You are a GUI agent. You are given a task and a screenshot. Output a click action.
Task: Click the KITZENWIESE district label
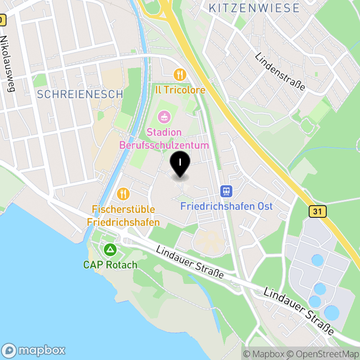click(254, 8)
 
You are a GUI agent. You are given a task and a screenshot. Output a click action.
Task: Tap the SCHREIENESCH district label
click(80, 94)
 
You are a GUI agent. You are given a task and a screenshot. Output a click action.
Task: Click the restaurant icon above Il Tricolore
click(180, 74)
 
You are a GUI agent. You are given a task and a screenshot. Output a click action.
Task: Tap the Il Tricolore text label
click(180, 90)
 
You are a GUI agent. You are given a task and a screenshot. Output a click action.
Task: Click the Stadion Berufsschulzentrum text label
click(164, 139)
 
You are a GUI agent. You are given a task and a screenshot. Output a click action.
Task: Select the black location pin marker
click(180, 164)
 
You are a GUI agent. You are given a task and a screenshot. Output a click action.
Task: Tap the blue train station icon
click(226, 192)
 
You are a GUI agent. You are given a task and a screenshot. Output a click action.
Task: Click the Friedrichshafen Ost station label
click(226, 207)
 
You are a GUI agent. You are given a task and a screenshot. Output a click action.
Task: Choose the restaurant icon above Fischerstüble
click(123, 194)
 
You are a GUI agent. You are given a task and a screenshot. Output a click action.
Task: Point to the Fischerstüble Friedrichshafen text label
click(123, 216)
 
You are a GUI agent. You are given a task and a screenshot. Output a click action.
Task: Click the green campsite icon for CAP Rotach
click(110, 249)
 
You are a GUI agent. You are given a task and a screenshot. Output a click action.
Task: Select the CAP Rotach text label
click(110, 265)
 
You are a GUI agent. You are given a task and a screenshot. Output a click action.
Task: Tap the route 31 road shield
click(317, 211)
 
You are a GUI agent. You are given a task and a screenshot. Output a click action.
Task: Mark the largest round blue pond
click(333, 313)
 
